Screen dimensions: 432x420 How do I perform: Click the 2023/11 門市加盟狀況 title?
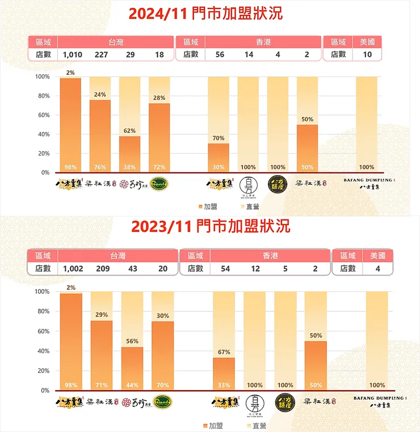click(x=211, y=226)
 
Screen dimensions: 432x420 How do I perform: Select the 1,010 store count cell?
click(x=73, y=54)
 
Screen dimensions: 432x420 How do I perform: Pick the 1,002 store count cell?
click(x=73, y=269)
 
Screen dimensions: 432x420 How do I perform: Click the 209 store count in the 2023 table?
click(x=103, y=269)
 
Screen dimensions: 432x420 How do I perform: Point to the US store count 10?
click(x=367, y=54)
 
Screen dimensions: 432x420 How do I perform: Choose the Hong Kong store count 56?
click(x=220, y=54)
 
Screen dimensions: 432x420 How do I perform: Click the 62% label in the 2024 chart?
click(x=130, y=131)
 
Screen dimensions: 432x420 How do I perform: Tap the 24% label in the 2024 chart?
click(x=100, y=95)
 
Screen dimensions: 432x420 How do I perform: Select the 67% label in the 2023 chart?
click(x=223, y=353)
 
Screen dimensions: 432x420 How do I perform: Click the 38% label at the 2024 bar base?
click(x=130, y=167)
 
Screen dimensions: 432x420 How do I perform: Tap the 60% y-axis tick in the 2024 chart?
click(x=43, y=115)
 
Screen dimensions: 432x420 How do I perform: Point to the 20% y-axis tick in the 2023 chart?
click(x=43, y=371)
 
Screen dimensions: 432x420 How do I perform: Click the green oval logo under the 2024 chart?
click(x=159, y=184)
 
